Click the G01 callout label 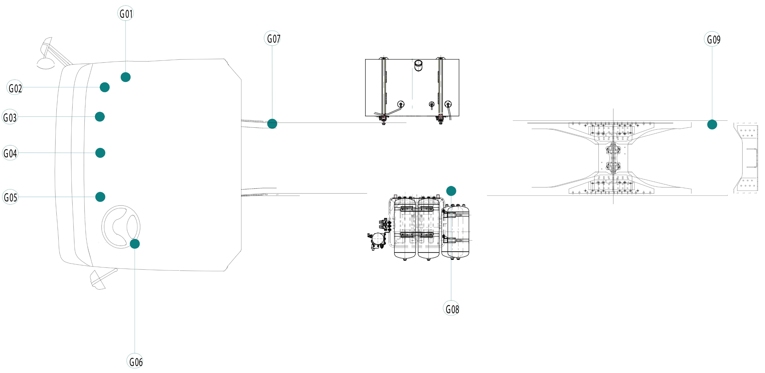coord(126,13)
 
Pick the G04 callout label coord(10,153)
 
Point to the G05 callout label coord(10,197)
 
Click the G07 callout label coord(272,38)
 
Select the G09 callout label coord(712,39)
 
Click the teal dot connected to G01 coord(126,77)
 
